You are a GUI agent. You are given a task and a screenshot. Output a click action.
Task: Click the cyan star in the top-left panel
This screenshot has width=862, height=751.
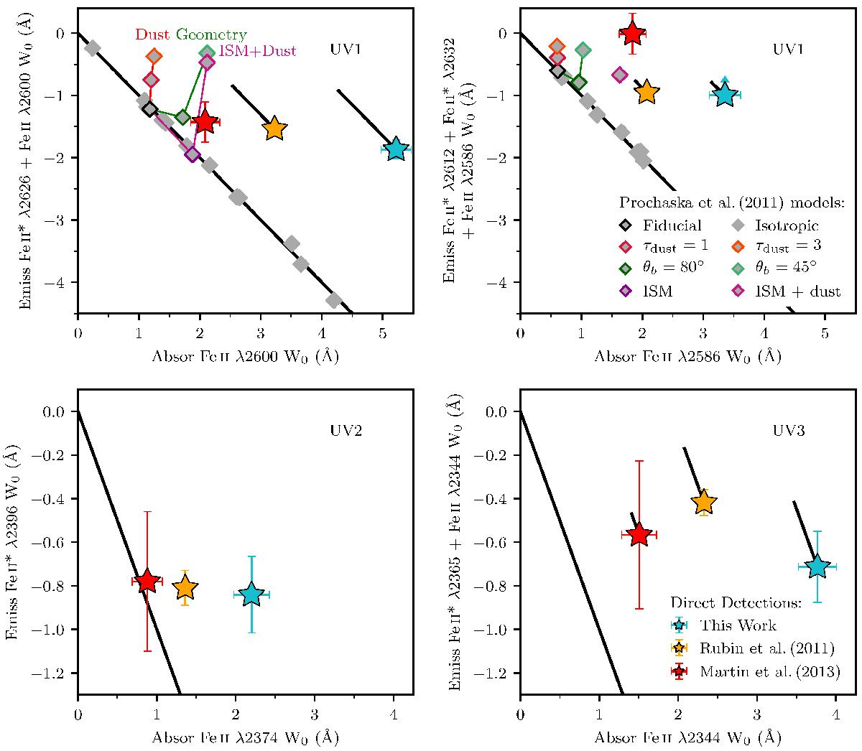coord(395,149)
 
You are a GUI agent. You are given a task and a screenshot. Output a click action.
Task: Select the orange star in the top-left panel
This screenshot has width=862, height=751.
coord(274,129)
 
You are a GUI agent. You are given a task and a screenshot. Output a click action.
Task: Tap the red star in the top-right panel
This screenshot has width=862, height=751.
coord(632,33)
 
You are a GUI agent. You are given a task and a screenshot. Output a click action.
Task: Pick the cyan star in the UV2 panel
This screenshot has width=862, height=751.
coord(251,594)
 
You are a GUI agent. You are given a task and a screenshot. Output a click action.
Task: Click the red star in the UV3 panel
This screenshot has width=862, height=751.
coord(639,535)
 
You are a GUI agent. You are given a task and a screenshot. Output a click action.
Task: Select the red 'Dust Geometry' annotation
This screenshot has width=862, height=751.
coord(190,34)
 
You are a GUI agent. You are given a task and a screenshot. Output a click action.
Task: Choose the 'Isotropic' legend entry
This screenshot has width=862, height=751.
coord(783,225)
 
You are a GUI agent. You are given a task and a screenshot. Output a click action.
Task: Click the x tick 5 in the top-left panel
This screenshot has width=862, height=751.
coord(382,333)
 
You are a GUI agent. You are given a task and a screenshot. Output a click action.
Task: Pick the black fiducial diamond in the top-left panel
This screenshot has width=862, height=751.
coord(149,109)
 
